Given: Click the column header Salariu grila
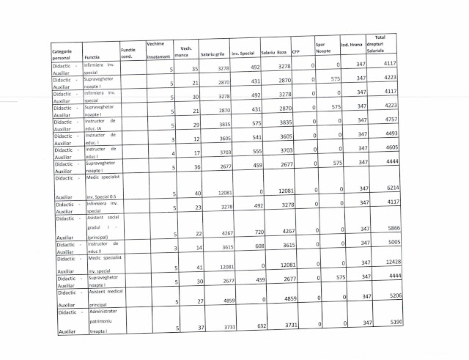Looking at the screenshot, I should point(213,54).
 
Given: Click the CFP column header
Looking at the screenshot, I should point(295,53).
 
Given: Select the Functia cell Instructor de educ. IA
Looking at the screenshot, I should point(100,122).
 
